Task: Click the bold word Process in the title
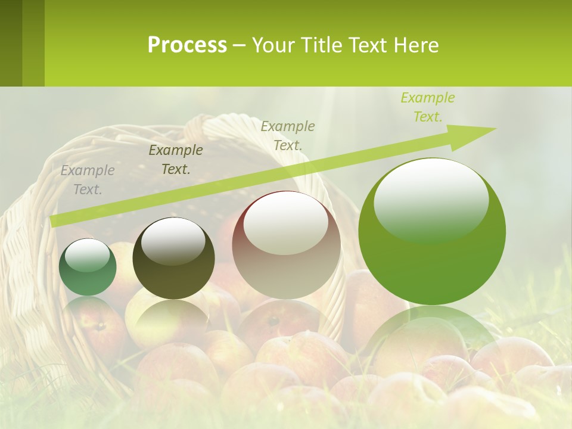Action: (x=187, y=45)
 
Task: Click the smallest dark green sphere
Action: (x=88, y=267)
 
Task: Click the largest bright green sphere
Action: (x=432, y=232)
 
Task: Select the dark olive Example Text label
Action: (x=176, y=159)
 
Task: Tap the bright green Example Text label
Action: (x=427, y=107)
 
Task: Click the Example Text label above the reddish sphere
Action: (x=288, y=135)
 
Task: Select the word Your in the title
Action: (x=274, y=45)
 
